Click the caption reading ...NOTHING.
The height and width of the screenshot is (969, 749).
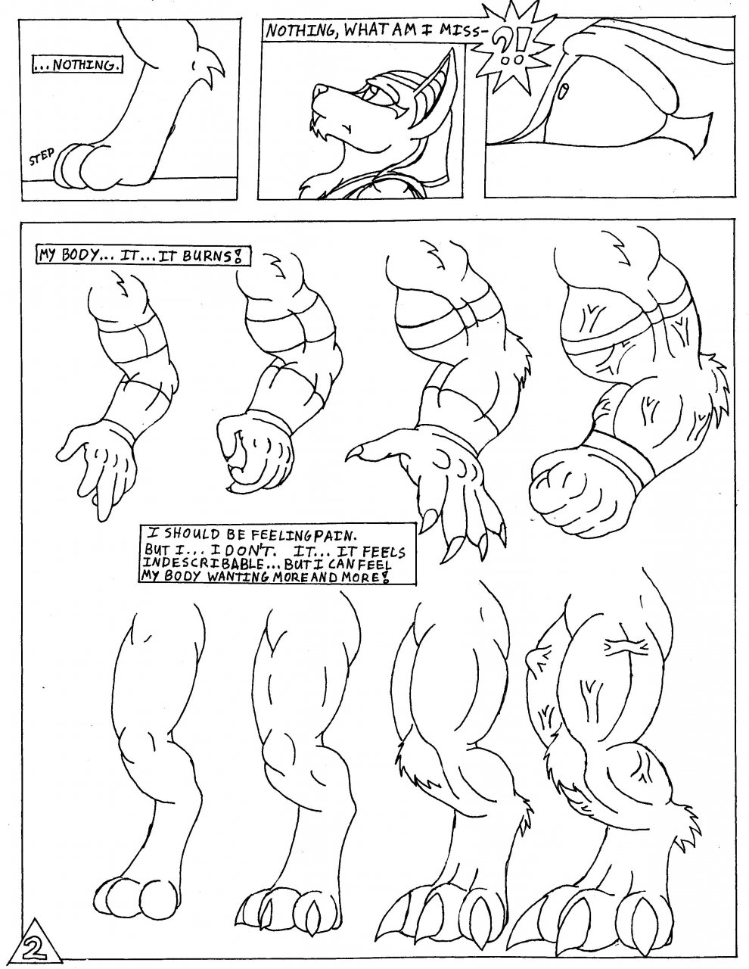click(x=79, y=66)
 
